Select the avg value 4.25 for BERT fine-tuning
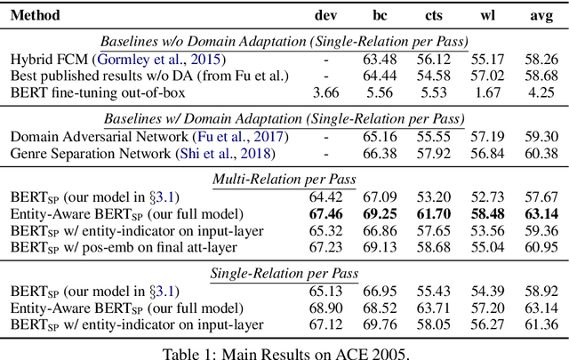tap(539, 92)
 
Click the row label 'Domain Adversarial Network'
tap(99, 136)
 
